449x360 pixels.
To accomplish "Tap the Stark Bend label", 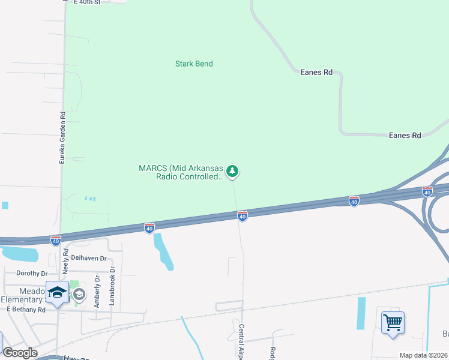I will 194,64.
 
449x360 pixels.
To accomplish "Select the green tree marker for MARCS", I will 233,172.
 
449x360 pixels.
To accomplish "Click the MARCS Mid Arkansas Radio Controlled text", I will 181,172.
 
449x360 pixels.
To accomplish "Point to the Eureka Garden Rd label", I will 61,138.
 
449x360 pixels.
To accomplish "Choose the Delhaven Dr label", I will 88,258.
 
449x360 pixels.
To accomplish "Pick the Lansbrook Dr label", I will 112,290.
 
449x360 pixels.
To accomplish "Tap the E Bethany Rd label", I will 26,310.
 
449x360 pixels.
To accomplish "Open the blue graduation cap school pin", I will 58,293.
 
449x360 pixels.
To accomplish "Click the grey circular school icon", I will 79,294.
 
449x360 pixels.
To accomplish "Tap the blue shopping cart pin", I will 393,323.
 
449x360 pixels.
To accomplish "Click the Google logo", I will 20,353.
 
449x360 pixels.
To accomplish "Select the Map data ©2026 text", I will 424,355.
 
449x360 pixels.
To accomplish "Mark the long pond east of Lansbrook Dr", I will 163,251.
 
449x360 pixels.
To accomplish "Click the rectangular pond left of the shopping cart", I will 361,313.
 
